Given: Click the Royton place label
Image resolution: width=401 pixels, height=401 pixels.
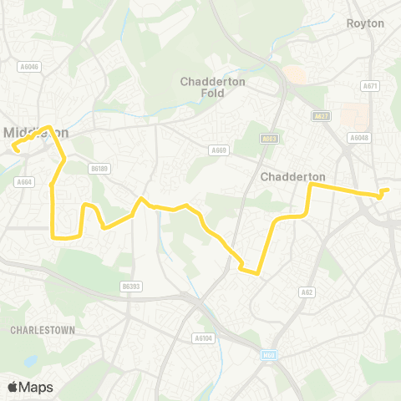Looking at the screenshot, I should (x=365, y=23).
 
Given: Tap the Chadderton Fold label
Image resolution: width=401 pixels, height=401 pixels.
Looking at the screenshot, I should (x=209, y=87).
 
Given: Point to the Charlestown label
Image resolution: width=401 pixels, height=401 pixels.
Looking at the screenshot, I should (x=43, y=330).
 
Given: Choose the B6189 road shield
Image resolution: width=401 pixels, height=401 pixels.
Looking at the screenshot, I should (x=100, y=168).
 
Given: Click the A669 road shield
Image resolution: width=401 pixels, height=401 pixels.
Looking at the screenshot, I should (x=219, y=150).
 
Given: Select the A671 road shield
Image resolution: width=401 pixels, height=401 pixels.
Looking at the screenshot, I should (x=368, y=86).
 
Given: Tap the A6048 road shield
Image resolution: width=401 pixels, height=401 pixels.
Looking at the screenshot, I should (x=359, y=138).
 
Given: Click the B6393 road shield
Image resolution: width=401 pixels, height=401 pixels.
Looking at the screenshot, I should (x=129, y=286).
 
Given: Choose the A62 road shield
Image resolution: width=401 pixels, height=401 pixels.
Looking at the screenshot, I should (x=307, y=292).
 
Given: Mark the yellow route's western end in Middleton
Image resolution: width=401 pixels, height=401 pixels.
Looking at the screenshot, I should (x=14, y=149).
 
